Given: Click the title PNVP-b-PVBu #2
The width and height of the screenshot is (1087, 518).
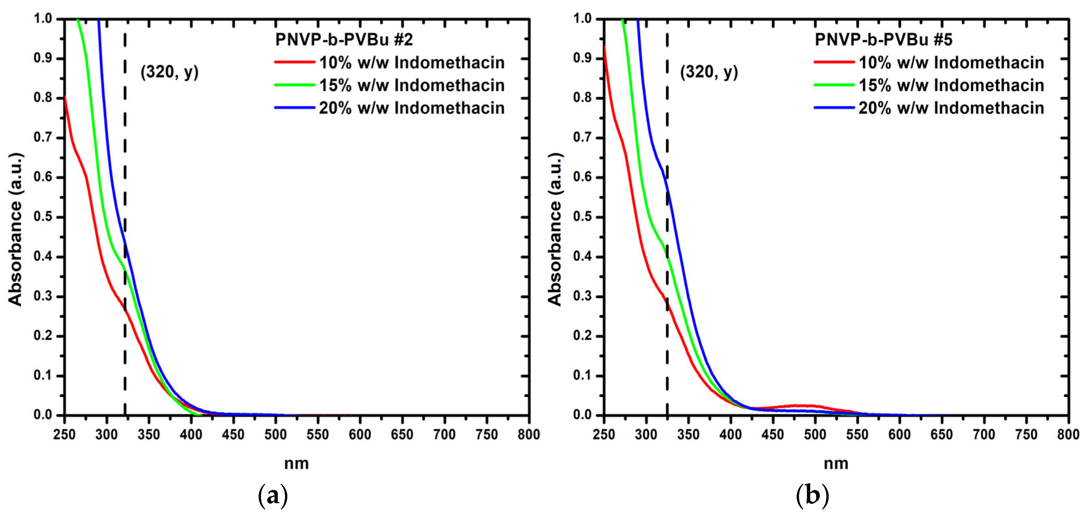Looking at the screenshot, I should [344, 40].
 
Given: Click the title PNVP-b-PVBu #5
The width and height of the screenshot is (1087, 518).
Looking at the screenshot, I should [884, 40].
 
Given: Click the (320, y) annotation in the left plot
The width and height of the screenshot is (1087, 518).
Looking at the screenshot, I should [169, 72].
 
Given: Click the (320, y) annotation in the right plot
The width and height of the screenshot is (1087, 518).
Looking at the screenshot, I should [709, 72].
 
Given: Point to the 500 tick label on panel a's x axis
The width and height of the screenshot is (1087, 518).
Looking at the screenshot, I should [275, 434].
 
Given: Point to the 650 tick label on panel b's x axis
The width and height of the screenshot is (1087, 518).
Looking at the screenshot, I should [942, 434].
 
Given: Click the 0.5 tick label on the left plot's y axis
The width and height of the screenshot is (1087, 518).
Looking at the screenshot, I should [43, 217].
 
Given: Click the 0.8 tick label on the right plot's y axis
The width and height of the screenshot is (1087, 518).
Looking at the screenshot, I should [582, 98].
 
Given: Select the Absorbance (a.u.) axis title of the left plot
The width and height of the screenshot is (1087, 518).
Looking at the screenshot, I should [15, 229].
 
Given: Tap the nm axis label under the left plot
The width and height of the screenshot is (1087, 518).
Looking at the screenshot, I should [296, 464].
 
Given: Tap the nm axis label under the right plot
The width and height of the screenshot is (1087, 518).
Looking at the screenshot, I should [836, 464].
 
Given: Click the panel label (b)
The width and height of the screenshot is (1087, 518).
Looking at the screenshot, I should [812, 496].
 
